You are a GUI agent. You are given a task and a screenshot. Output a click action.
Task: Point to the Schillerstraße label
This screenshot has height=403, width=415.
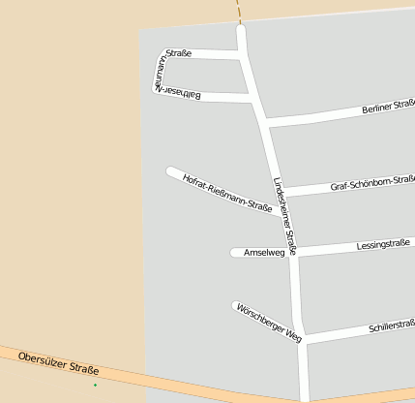[391, 326]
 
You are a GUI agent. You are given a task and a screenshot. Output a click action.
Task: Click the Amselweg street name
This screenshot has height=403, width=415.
[263, 253]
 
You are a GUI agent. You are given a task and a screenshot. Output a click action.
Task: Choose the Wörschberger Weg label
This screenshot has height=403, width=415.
[269, 323]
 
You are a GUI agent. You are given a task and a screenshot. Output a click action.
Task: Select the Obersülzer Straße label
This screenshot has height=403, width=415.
[59, 363]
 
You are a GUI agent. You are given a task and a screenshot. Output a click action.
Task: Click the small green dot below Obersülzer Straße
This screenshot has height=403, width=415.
[95, 386]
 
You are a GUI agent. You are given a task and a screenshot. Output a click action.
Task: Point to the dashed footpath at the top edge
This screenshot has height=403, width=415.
[238, 12]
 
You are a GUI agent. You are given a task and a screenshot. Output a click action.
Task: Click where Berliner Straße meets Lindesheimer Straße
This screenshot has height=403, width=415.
[264, 122]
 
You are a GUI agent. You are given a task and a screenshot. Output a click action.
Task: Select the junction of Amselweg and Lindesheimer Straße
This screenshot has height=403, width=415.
[293, 252]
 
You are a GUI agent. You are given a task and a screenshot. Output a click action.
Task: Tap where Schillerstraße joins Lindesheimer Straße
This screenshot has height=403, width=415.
[304, 338]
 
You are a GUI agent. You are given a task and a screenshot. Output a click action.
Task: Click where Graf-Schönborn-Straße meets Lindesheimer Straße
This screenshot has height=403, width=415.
[282, 190]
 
